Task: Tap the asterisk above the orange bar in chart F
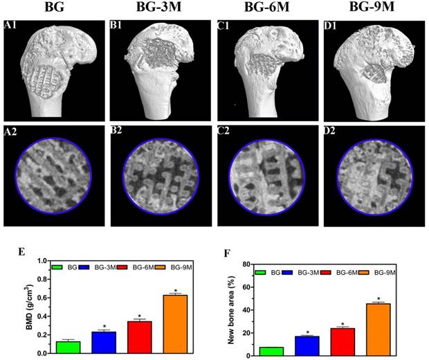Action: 378,298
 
